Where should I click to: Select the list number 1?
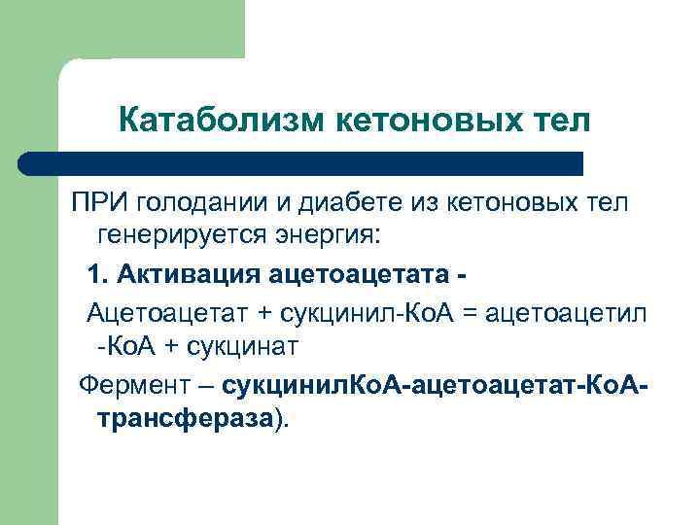(94, 275)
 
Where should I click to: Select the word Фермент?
(133, 386)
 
